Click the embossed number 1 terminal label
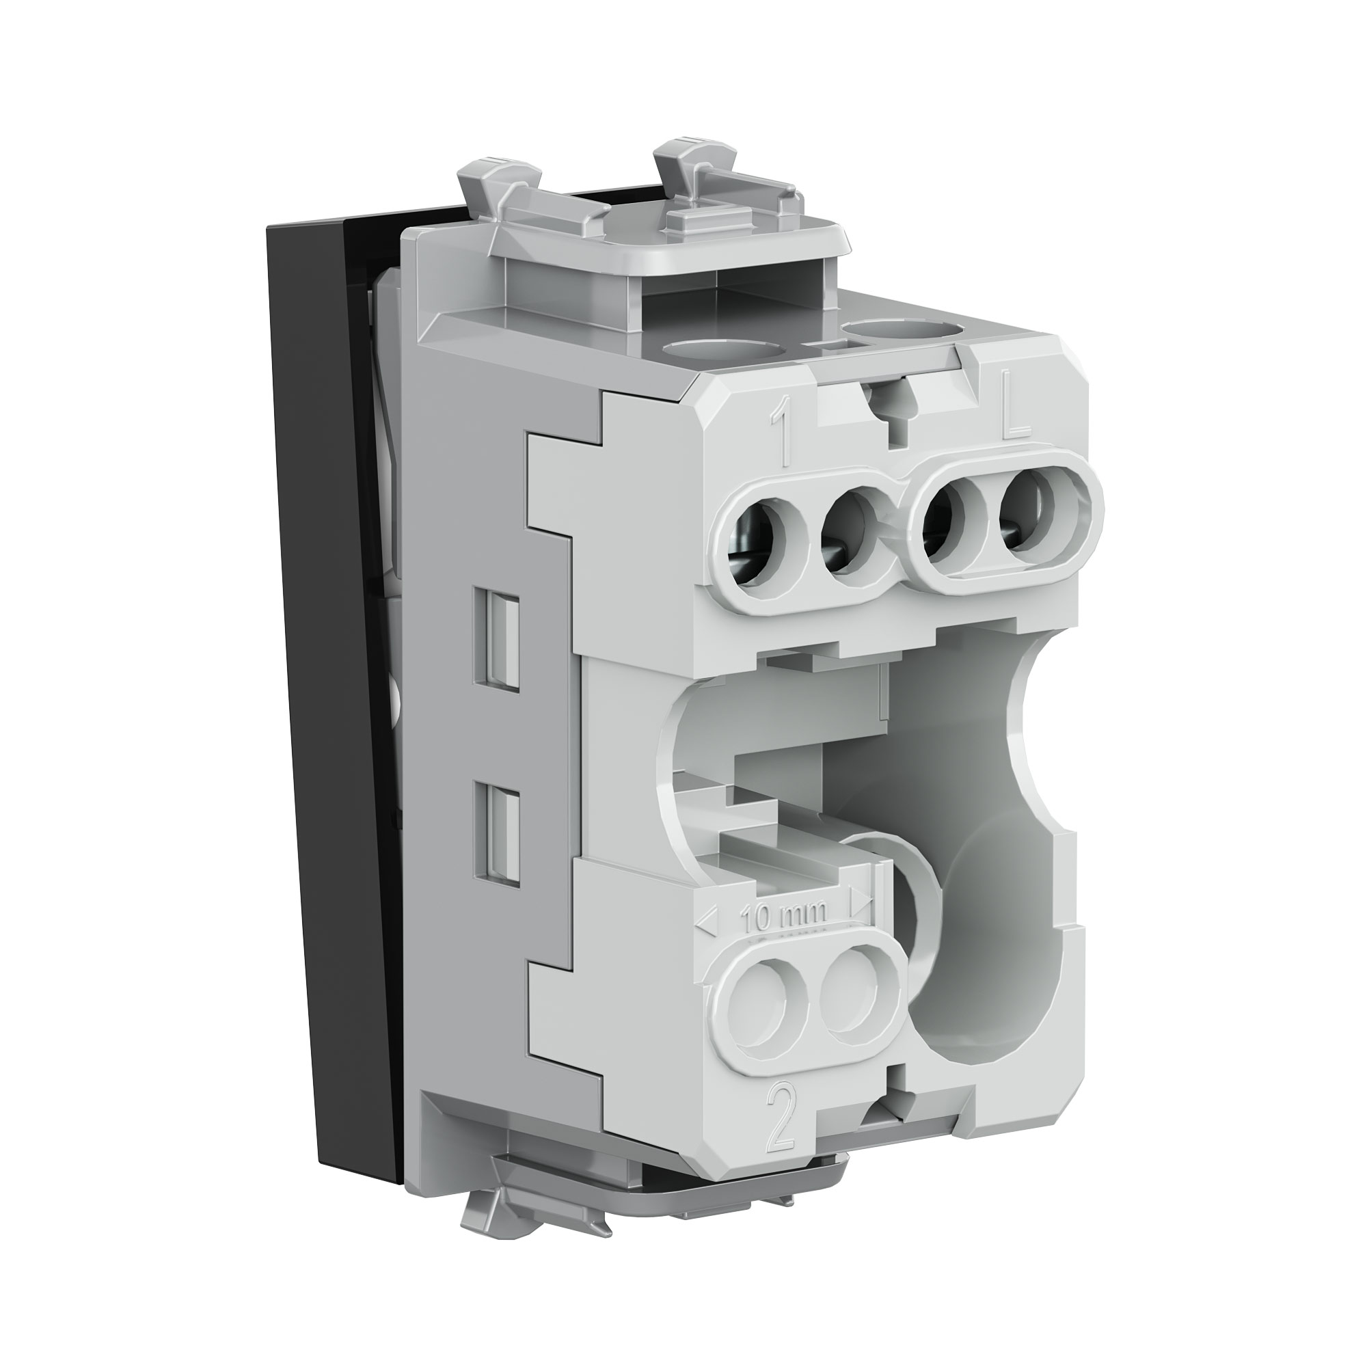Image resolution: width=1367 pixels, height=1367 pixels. click(x=784, y=434)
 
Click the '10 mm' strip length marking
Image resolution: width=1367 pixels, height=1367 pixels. click(x=783, y=919)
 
